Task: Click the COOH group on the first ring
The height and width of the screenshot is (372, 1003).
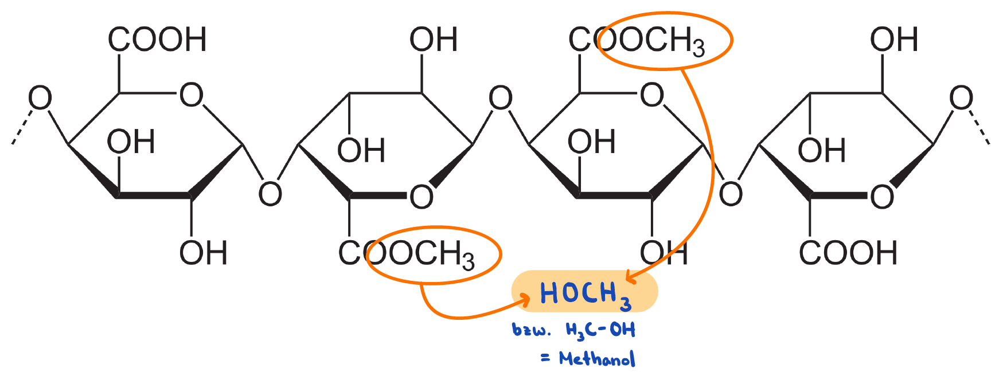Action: click(x=157, y=40)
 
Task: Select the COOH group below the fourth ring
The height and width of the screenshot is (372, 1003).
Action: click(x=848, y=253)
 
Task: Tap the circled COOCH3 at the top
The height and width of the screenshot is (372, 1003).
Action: click(x=664, y=41)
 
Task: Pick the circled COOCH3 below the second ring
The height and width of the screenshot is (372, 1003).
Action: click(x=433, y=254)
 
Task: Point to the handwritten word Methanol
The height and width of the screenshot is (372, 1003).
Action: click(x=597, y=359)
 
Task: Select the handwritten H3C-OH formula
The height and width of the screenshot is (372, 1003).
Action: click(x=600, y=331)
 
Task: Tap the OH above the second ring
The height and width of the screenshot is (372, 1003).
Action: click(x=434, y=40)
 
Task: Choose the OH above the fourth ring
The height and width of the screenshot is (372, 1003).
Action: click(x=894, y=40)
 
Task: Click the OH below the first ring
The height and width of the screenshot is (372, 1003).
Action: click(x=203, y=253)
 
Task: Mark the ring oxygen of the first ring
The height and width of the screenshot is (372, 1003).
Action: click(x=192, y=95)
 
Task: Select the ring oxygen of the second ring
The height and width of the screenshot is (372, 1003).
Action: click(x=422, y=197)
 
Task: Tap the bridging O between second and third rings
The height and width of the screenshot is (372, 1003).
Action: click(x=500, y=98)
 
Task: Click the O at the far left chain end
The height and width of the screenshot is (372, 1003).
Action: click(x=40, y=98)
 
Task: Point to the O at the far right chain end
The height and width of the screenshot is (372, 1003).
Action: click(x=961, y=98)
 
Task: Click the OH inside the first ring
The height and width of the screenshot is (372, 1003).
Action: click(x=131, y=142)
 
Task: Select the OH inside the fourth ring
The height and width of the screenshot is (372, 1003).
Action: click(x=822, y=151)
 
